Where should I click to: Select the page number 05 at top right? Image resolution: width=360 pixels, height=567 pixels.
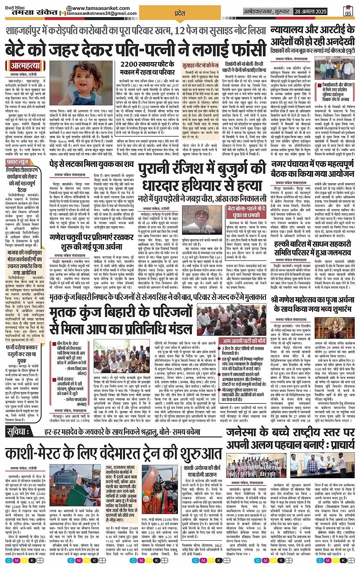point(348,11)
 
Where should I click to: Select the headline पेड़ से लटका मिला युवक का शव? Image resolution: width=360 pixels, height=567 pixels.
point(91,165)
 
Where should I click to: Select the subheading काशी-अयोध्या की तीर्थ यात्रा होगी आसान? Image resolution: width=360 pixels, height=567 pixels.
point(202,471)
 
